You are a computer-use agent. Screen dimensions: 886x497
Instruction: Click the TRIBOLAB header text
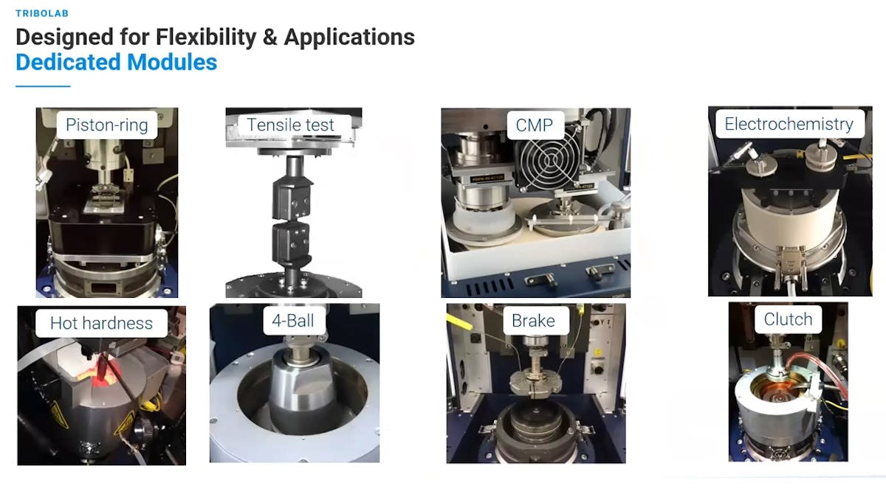point(42,13)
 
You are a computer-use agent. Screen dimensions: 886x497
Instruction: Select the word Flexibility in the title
point(206,38)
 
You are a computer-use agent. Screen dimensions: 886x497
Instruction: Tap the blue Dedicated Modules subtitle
point(117,63)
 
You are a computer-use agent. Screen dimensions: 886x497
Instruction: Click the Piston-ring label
point(107,125)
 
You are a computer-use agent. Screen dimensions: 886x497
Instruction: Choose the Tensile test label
point(290,125)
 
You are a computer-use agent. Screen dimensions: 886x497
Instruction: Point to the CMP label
point(535,125)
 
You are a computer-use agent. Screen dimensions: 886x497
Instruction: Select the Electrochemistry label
point(789,124)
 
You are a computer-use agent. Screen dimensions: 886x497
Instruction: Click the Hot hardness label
point(101,323)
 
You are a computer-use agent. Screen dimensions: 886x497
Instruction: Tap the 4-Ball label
point(292,321)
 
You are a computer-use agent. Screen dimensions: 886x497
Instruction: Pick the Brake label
point(533,321)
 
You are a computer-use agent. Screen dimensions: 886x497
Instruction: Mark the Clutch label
point(788,319)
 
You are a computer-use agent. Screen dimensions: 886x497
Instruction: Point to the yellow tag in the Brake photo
point(459,322)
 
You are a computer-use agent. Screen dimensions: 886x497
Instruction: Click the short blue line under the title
point(43,86)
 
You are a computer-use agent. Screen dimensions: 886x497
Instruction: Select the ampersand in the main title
point(269,38)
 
